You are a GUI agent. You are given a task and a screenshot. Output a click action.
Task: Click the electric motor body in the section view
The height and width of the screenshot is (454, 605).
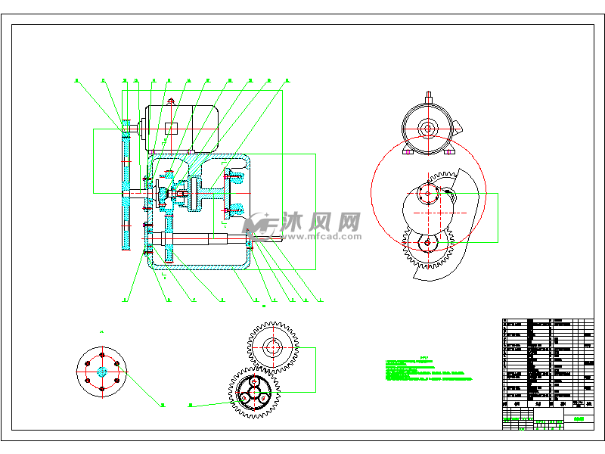(181, 127)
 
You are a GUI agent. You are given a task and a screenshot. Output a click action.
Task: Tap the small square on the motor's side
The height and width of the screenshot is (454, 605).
(171, 128)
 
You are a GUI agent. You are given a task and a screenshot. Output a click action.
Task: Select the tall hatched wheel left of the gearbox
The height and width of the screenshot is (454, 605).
(126, 185)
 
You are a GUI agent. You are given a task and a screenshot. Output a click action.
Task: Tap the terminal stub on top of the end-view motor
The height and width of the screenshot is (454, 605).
(429, 96)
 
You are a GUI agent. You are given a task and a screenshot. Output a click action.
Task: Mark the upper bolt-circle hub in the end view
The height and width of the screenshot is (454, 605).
(429, 194)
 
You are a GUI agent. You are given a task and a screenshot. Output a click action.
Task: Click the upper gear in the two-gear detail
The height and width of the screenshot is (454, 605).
(273, 349)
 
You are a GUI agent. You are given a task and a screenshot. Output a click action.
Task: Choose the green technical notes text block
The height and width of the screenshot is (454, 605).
(428, 370)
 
